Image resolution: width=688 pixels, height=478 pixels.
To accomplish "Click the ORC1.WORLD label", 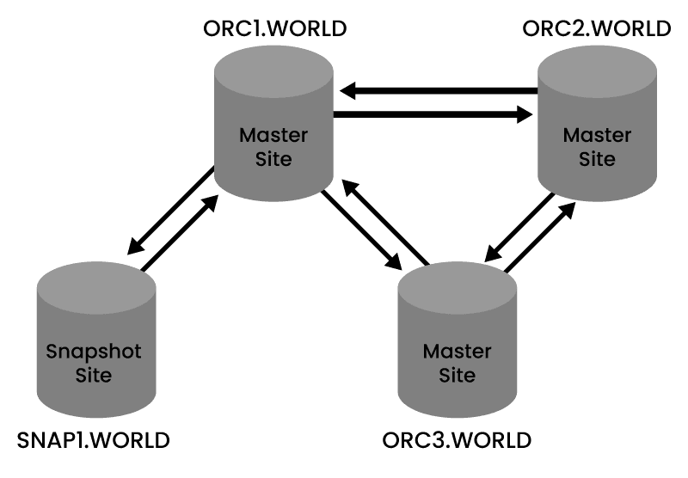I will pyautogui.click(x=274, y=28).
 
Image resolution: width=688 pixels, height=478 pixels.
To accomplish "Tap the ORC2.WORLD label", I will pyautogui.click(x=596, y=28).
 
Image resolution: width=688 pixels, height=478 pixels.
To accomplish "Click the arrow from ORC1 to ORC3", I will pyautogui.click(x=363, y=230).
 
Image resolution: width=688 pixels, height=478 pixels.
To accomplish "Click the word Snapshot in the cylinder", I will pyautogui.click(x=94, y=351).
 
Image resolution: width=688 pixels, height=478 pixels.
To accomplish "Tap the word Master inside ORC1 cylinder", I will pyautogui.click(x=273, y=135).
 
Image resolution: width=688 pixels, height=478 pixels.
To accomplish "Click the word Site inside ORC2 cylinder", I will pyautogui.click(x=597, y=159).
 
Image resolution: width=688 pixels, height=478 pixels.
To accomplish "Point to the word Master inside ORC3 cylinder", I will pyautogui.click(x=457, y=352).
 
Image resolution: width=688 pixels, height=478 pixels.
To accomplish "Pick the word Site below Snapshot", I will pyautogui.click(x=94, y=375).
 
